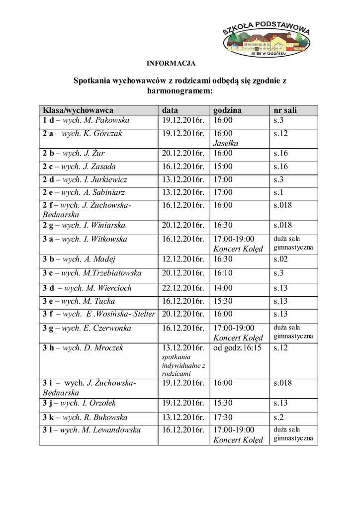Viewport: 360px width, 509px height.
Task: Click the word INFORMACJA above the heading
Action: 171,63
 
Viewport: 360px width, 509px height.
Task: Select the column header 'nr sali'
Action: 285,110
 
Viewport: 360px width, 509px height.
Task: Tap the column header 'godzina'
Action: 227,110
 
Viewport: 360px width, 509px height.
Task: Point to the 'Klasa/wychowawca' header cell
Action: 78,110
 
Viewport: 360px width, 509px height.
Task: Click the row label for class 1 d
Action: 86,120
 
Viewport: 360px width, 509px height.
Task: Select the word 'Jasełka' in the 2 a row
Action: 226,143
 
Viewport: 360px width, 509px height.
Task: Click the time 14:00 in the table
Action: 223,288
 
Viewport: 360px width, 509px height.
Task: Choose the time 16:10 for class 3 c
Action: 223,273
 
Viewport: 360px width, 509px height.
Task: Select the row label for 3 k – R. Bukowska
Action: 85,418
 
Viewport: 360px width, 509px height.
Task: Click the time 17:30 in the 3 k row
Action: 223,418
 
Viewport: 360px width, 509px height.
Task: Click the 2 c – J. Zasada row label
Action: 79,167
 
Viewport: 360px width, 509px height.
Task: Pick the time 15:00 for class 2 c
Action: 223,167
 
